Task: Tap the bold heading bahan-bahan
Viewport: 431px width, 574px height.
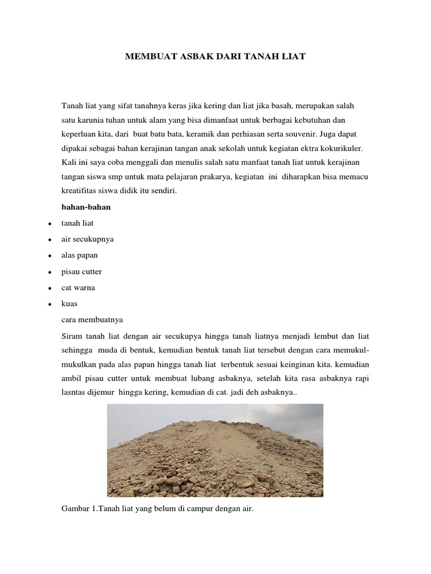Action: coord(86,207)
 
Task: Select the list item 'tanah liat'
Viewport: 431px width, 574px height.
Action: coord(77,223)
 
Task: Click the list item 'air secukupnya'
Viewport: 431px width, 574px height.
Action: coord(88,239)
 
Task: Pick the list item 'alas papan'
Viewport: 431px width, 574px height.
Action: coord(80,255)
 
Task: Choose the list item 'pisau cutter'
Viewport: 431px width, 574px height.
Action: coord(82,271)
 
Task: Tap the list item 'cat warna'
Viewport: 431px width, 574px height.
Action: coord(79,288)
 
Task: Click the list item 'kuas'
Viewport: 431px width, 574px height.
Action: coord(70,303)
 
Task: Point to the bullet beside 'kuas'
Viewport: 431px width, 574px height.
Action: coord(50,304)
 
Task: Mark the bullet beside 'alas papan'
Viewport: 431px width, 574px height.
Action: coord(50,256)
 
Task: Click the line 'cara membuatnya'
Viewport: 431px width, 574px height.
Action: coord(92,320)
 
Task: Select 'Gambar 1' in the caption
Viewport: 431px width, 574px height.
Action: coord(79,511)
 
